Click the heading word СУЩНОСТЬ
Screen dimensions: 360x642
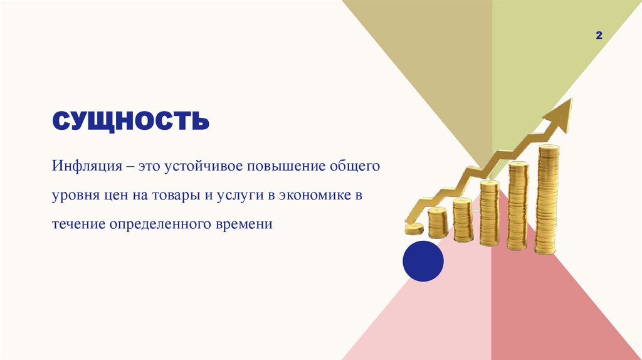(x=130, y=121)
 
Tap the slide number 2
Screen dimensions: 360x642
(x=599, y=37)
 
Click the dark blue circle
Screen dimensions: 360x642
(x=423, y=261)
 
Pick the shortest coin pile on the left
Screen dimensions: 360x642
(x=414, y=228)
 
